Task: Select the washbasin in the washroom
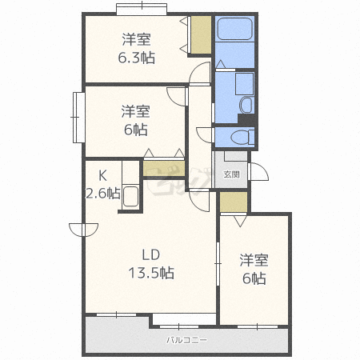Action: pos(246,105)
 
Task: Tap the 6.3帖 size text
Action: pos(138,58)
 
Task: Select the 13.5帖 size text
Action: pos(153,273)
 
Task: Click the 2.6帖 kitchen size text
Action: pos(103,193)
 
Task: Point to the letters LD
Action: pos(151,255)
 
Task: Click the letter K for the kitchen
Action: pos(102,176)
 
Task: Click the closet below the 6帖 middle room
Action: pos(164,168)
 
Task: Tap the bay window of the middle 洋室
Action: pos(78,118)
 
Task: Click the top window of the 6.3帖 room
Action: pos(145,10)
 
